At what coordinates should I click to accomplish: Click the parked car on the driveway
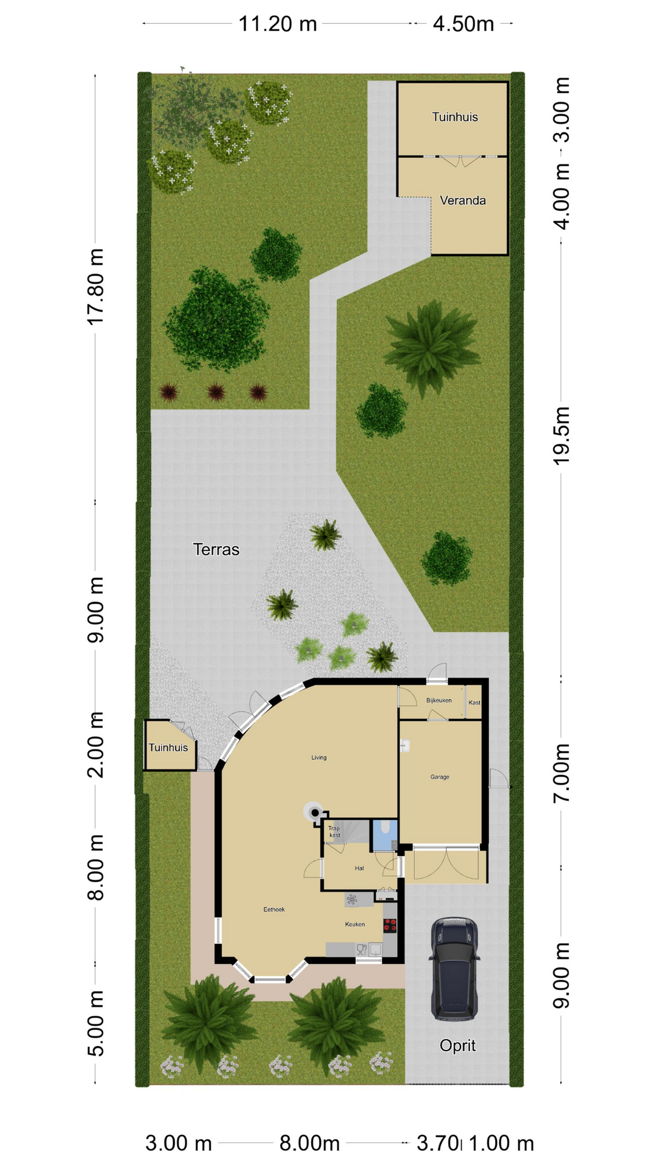point(454,968)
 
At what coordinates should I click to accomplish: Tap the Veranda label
point(463,200)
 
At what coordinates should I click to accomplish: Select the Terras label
point(216,550)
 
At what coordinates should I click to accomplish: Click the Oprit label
point(457,1046)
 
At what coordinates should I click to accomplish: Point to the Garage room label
point(440,777)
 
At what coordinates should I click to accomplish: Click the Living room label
point(319,757)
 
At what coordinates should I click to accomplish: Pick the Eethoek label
point(274,909)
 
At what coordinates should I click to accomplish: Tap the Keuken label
point(355,924)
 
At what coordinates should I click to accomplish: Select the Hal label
point(359,868)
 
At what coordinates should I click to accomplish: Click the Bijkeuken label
point(439,700)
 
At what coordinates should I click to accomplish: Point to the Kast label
point(474,703)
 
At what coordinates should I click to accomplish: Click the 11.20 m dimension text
point(278,24)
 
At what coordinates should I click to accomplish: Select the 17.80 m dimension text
point(96,287)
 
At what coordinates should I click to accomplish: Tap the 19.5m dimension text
point(562,435)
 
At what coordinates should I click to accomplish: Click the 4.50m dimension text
point(463,24)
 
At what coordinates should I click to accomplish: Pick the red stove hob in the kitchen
point(390,926)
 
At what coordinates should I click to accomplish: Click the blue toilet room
point(384,834)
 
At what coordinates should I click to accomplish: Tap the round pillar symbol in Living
point(315,813)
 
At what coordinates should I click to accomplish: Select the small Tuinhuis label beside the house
point(168,748)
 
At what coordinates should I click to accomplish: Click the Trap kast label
point(334,831)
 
